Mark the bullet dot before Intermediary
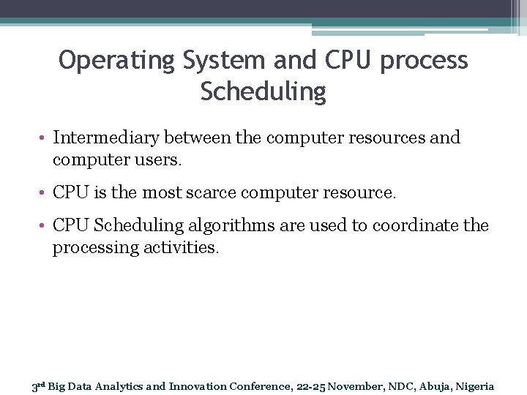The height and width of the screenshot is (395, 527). click(44, 138)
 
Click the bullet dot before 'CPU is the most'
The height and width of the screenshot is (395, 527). click(44, 194)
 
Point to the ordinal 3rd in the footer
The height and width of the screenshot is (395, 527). click(38, 386)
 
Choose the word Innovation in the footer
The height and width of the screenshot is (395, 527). click(198, 386)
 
